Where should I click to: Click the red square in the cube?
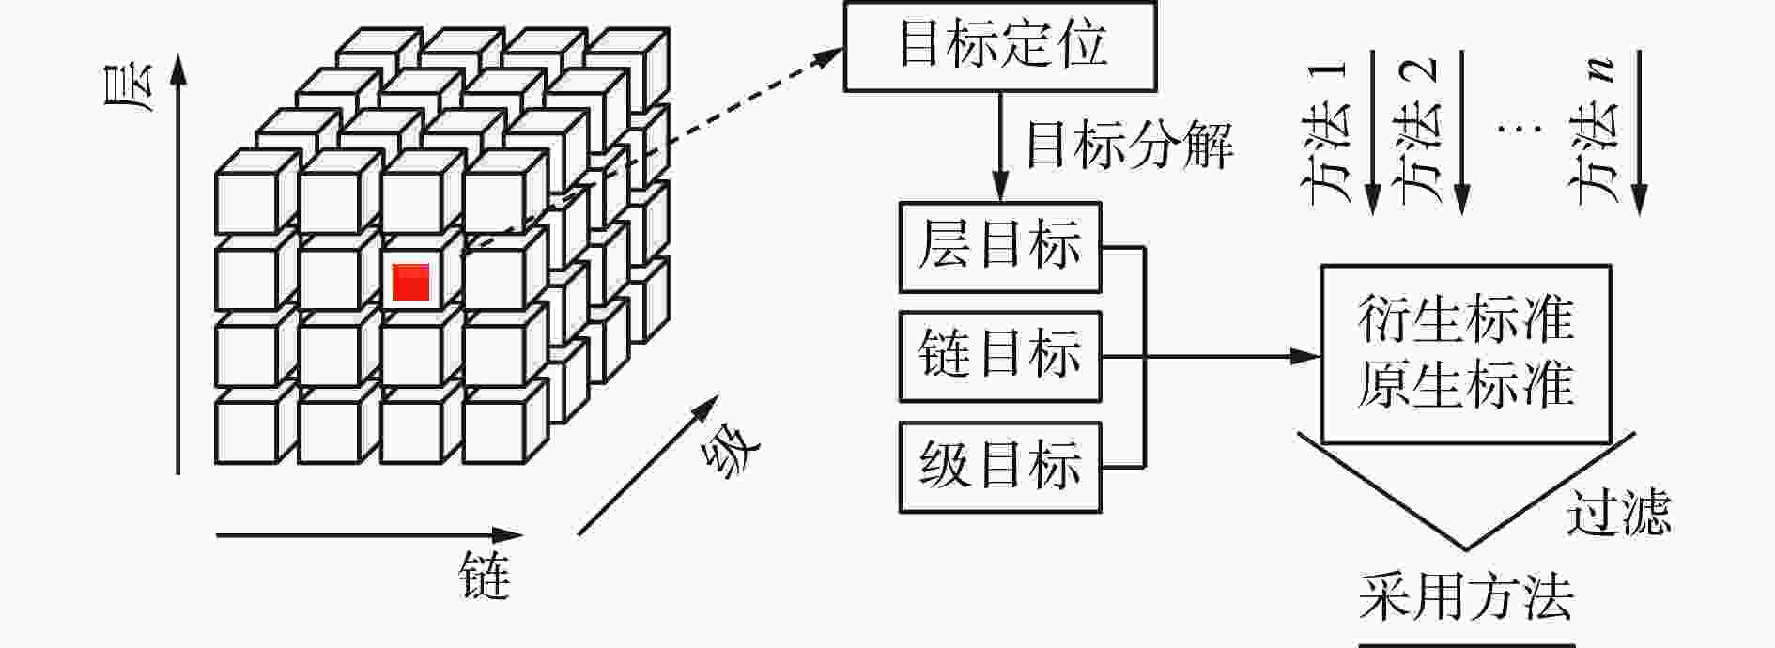pyautogui.click(x=410, y=282)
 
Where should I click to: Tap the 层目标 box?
pyautogui.click(x=1000, y=247)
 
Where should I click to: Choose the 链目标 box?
pyautogui.click(x=1000, y=357)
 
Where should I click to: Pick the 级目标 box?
pyautogui.click(x=1000, y=467)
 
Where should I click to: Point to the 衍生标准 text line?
pyautogui.click(x=1465, y=319)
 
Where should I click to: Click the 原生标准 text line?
pyautogui.click(x=1465, y=385)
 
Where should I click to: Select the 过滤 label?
pyautogui.click(x=1618, y=512)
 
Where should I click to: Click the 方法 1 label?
pyautogui.click(x=1328, y=131)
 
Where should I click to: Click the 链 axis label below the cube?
pyautogui.click(x=485, y=577)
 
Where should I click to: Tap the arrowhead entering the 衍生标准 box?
pyautogui.click(x=1306, y=357)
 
